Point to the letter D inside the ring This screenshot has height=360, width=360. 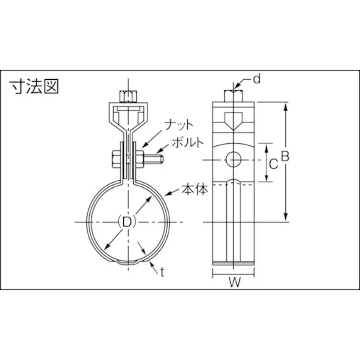pyautogui.click(x=127, y=222)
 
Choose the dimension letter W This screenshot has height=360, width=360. pyautogui.click(x=234, y=283)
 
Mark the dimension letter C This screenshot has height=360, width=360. pyautogui.click(x=272, y=164)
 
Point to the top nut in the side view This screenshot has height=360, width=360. pyautogui.click(x=234, y=95)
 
